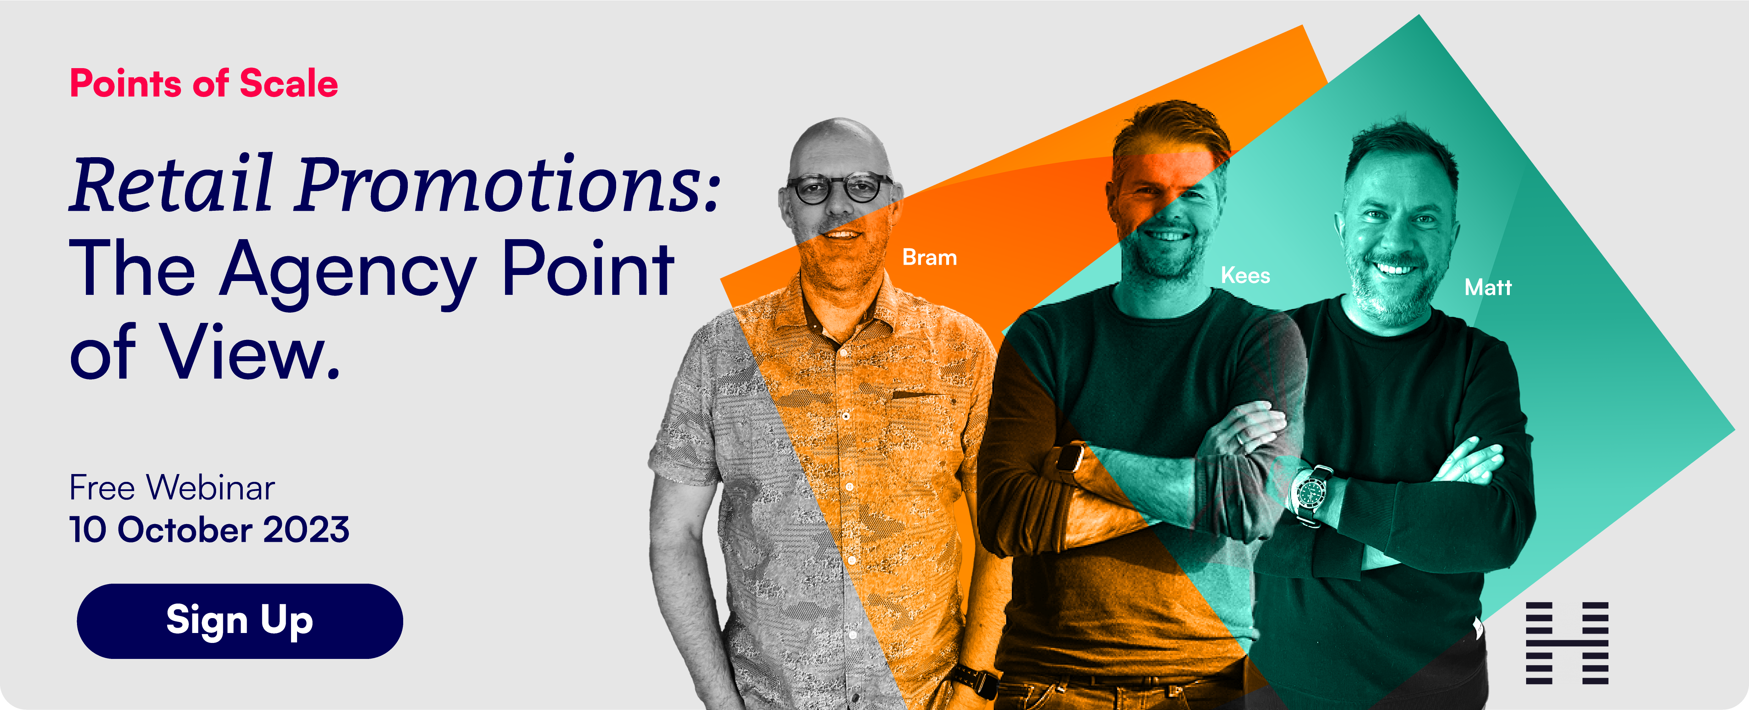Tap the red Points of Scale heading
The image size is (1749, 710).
pyautogui.click(x=204, y=83)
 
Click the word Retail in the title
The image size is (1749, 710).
pyautogui.click(x=172, y=183)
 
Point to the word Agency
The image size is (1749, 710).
pyautogui.click(x=347, y=271)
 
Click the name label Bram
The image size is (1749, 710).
pyautogui.click(x=930, y=257)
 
